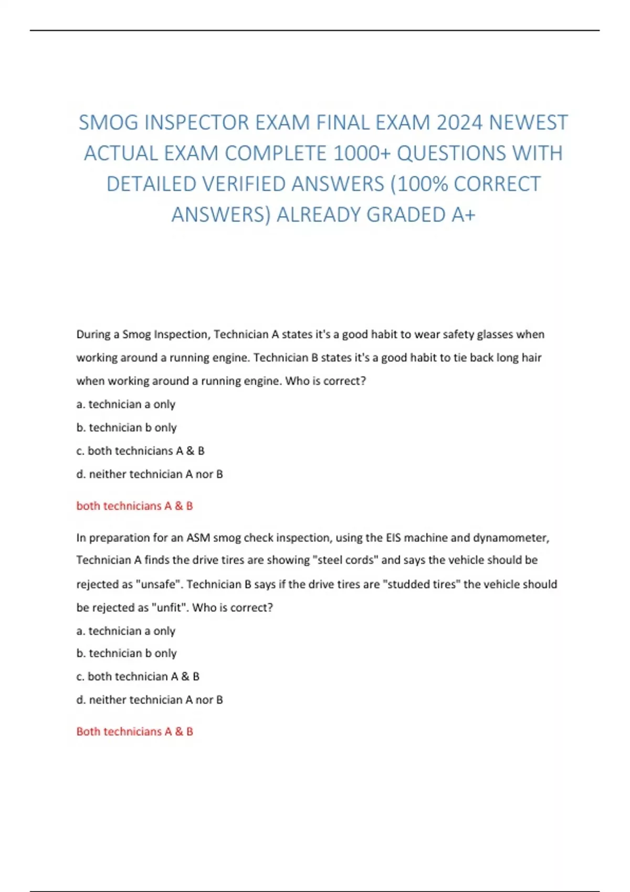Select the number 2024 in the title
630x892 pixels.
460,123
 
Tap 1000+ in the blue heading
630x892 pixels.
362,153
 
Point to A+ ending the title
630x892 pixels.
463,215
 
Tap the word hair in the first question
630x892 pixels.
530,358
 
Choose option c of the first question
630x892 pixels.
140,451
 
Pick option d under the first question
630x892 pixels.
150,474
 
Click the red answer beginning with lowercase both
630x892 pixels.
134,506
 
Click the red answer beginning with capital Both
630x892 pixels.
134,731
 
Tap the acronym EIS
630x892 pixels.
393,538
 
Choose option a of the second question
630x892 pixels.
125,631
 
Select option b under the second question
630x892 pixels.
127,654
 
